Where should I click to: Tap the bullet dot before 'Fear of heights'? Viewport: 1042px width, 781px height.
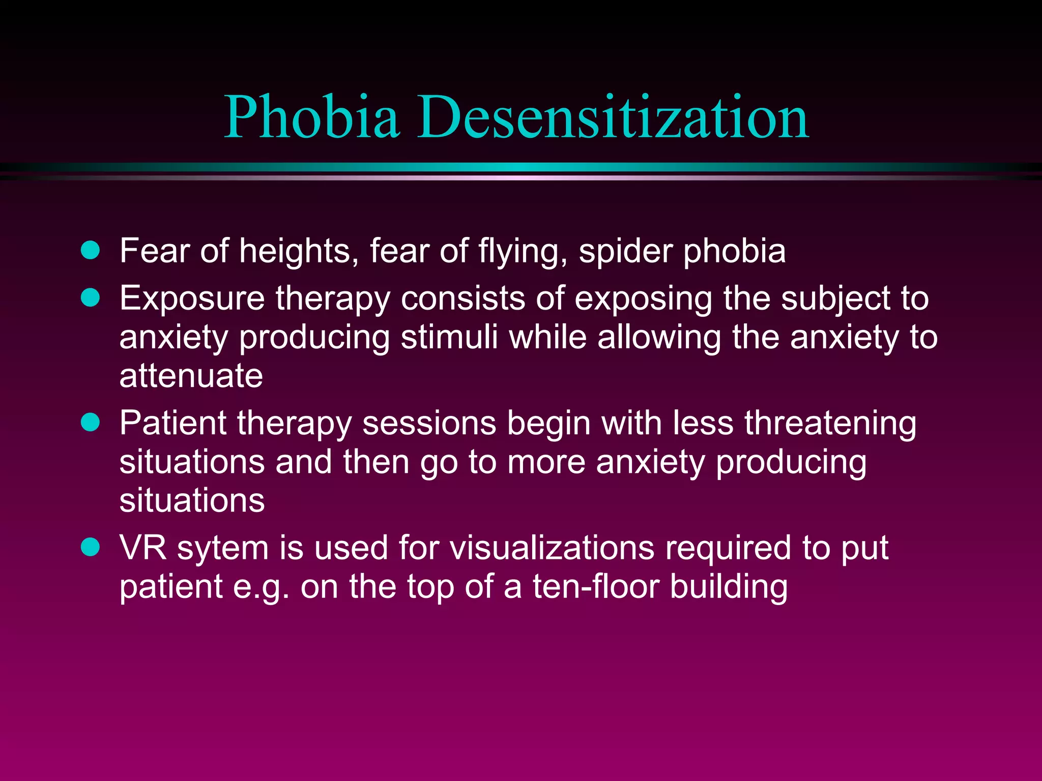pos(91,250)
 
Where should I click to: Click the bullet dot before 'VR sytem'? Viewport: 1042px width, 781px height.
pos(91,547)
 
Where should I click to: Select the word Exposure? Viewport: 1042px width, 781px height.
pos(192,299)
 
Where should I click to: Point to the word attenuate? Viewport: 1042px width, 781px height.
pos(191,376)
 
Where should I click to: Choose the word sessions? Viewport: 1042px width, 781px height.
pos(429,424)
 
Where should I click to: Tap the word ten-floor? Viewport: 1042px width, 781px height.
pos(596,586)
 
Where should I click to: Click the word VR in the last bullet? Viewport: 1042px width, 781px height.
pos(143,548)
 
